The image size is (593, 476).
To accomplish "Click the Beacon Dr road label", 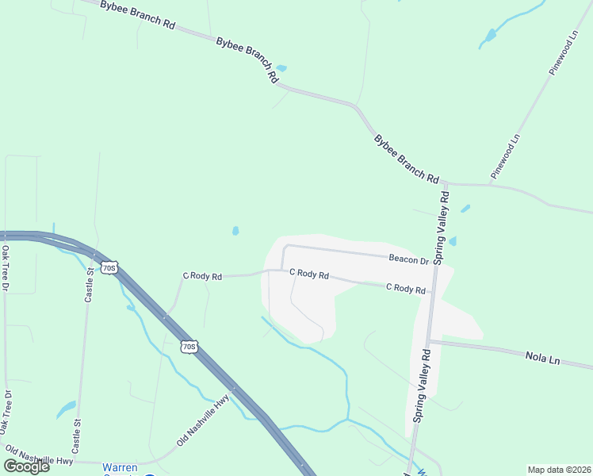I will [x=408, y=259].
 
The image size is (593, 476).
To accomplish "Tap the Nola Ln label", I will [x=542, y=359].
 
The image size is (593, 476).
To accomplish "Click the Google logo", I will [x=26, y=466].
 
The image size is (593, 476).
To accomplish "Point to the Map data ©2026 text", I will [x=560, y=470].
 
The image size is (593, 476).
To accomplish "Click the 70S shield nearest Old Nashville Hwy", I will [x=188, y=347].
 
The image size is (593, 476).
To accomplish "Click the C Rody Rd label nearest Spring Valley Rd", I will [x=406, y=288].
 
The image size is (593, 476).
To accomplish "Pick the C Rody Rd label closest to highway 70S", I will [x=203, y=276].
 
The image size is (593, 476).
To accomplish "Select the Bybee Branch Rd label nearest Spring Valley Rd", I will [x=407, y=159].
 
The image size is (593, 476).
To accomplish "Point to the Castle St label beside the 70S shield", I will [x=90, y=284].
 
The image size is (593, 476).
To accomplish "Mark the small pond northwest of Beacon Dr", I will [x=235, y=231].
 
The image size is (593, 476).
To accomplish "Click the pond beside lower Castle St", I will [x=66, y=410].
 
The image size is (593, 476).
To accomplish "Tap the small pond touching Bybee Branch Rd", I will [x=281, y=68].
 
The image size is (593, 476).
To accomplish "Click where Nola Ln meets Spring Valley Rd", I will [x=429, y=342].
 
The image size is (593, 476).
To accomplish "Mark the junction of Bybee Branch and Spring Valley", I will [x=445, y=182].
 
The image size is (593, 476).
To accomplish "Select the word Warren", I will [x=120, y=467].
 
